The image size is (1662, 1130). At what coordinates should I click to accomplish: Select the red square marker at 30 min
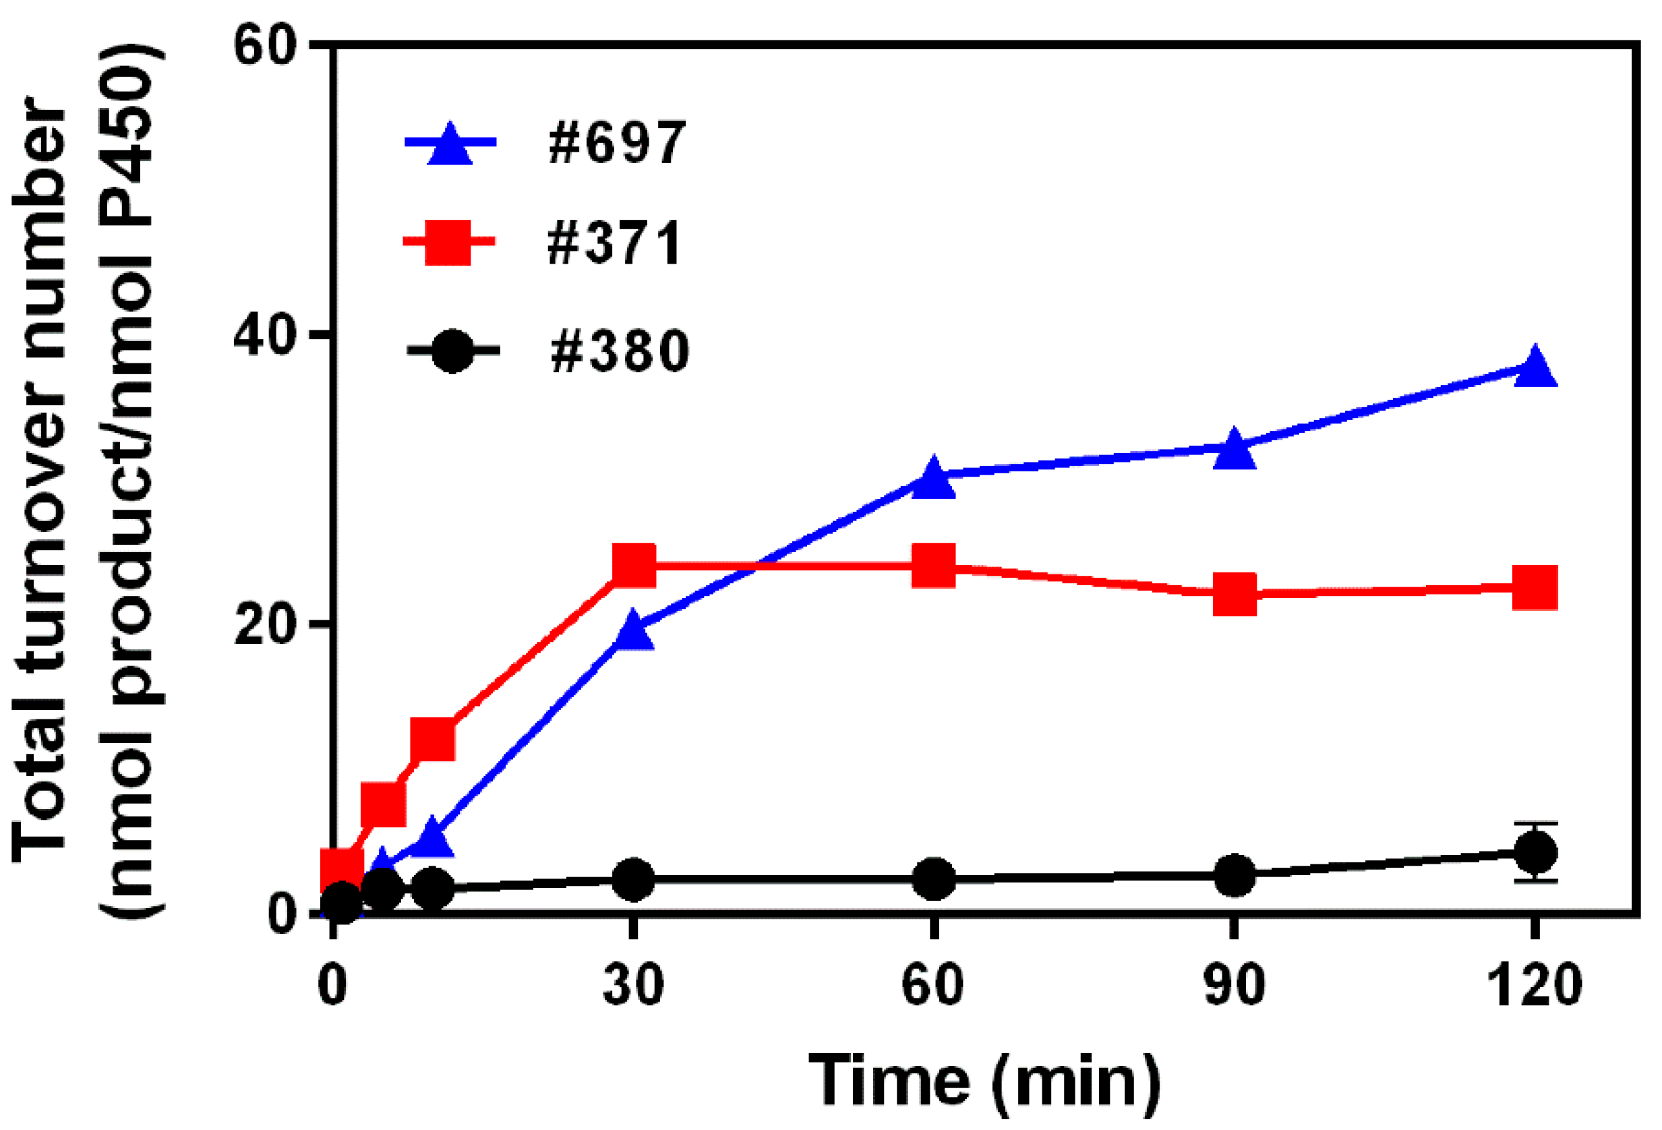click(x=634, y=566)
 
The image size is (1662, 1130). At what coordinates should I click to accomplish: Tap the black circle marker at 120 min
click(x=1535, y=852)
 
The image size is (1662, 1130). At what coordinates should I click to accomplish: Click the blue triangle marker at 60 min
click(x=933, y=480)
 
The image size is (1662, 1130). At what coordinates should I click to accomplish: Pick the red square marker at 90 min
click(x=1235, y=593)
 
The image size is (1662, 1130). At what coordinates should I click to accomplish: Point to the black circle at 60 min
click(x=933, y=879)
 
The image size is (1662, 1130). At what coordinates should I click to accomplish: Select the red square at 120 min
click(x=1535, y=587)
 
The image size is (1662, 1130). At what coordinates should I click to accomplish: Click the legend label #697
click(x=616, y=143)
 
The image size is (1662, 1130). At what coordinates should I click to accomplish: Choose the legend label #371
click(x=614, y=243)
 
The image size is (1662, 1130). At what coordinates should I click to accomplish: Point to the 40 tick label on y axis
click(x=264, y=334)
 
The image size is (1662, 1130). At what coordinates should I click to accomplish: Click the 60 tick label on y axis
click(x=264, y=47)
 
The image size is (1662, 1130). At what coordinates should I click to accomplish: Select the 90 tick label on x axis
click(x=1234, y=986)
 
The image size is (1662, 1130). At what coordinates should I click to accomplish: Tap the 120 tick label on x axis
click(x=1535, y=986)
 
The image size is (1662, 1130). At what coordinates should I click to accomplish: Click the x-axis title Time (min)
click(x=984, y=1081)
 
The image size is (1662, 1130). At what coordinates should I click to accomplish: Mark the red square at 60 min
click(x=933, y=565)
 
